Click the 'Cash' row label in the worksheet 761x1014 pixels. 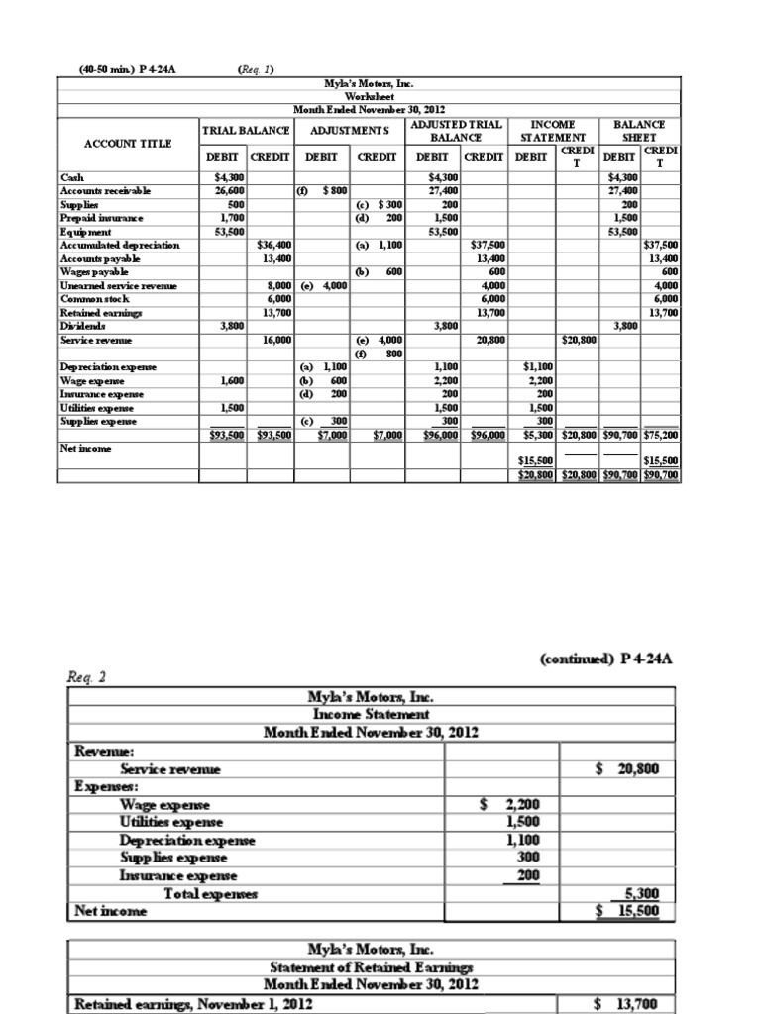pyautogui.click(x=71, y=177)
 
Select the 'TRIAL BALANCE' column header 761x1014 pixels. pyautogui.click(x=246, y=131)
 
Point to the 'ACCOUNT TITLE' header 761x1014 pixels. pyautogui.click(x=128, y=143)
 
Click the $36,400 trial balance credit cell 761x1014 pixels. pyautogui.click(x=272, y=245)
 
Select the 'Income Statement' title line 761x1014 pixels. pyautogui.click(x=371, y=713)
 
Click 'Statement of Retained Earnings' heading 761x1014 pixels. pyautogui.click(x=371, y=966)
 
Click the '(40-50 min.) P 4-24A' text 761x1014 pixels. pyautogui.click(x=128, y=69)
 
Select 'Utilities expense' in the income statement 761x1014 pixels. pyautogui.click(x=170, y=822)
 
